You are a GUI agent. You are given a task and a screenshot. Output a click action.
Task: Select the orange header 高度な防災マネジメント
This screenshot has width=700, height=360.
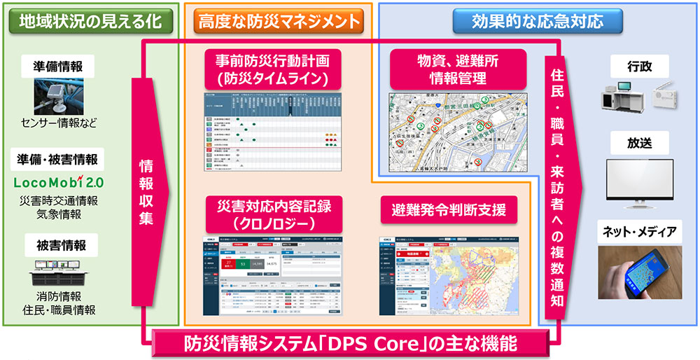pos(278,21)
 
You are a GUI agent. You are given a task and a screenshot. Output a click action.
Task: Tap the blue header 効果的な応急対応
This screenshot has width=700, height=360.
pos(537,20)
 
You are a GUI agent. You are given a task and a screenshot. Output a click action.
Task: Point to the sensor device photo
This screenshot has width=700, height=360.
pos(59,97)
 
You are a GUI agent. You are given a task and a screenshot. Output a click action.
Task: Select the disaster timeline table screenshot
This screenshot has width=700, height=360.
pos(271,132)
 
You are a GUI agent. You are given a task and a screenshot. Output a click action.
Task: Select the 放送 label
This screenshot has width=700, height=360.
pos(638,143)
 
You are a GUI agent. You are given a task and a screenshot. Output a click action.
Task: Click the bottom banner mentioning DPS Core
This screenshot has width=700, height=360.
pos(350,344)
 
